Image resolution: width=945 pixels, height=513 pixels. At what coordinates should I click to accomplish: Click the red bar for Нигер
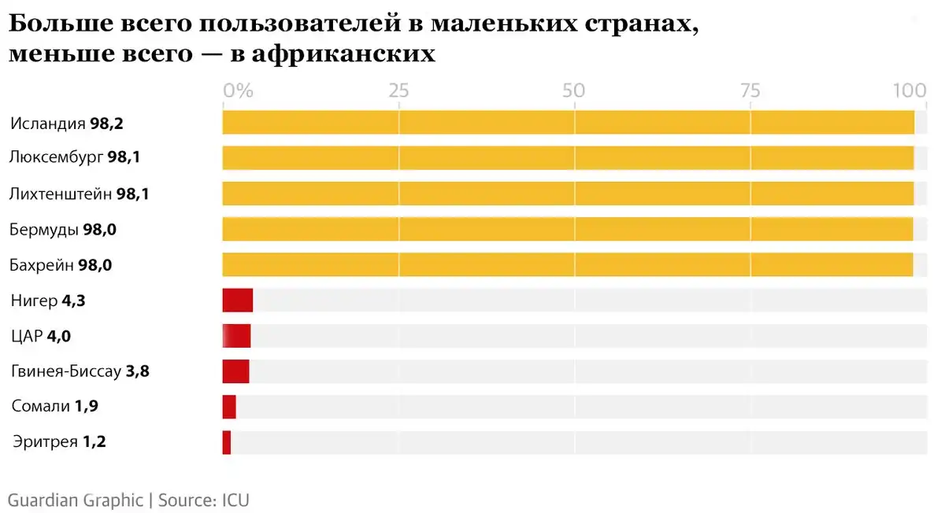tap(237, 301)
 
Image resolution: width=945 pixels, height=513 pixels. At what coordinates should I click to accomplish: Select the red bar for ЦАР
tap(236, 336)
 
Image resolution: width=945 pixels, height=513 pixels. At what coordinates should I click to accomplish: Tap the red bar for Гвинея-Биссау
tap(235, 371)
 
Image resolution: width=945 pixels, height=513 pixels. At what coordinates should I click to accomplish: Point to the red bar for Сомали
tap(229, 407)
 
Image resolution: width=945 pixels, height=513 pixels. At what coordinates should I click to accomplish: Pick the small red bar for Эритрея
tap(227, 442)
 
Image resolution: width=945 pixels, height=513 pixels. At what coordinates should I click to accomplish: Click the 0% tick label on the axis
tap(238, 90)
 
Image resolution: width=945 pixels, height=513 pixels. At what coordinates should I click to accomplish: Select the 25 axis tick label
tap(399, 90)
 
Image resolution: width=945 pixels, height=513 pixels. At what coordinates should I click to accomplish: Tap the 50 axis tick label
tap(574, 90)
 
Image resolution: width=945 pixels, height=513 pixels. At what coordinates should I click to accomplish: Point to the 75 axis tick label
tap(750, 90)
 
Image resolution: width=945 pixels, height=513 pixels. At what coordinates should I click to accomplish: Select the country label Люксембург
tap(57, 157)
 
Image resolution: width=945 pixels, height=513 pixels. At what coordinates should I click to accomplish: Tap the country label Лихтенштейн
tap(61, 194)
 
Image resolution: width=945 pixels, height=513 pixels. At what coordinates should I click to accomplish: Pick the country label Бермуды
tap(44, 230)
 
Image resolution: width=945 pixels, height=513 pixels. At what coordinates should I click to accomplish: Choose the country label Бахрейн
tap(43, 265)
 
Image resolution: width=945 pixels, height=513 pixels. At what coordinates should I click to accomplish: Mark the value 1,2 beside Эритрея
tap(94, 442)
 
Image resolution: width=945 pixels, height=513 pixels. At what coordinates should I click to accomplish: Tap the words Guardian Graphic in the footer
tap(76, 500)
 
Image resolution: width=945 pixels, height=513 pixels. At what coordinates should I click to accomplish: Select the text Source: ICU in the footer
tap(204, 500)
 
